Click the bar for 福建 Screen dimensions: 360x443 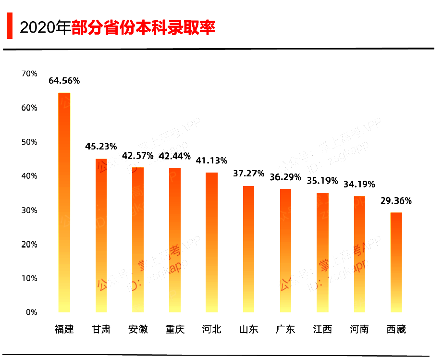coord(64,202)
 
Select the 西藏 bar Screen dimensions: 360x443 coord(396,262)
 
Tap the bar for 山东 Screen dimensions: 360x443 coord(248,248)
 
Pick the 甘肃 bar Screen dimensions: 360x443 coord(101,235)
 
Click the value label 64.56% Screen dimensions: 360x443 coord(64,81)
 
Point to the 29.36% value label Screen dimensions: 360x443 coord(396,201)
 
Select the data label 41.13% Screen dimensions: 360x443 coord(211,161)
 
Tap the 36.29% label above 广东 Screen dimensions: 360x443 coord(285,177)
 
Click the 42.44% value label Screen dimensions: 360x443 coord(175,156)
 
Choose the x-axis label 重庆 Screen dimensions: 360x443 coord(175,329)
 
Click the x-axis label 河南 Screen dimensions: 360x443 coord(359,329)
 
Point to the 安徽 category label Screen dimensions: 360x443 coord(138,329)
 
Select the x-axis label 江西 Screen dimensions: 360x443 coord(322,329)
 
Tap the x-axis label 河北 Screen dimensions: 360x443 coord(211,329)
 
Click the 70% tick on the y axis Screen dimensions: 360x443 coord(29,74)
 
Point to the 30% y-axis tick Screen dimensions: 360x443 coord(29,210)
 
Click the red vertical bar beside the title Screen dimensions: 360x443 coord(9,27)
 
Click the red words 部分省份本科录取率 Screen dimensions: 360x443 coord(143,27)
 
